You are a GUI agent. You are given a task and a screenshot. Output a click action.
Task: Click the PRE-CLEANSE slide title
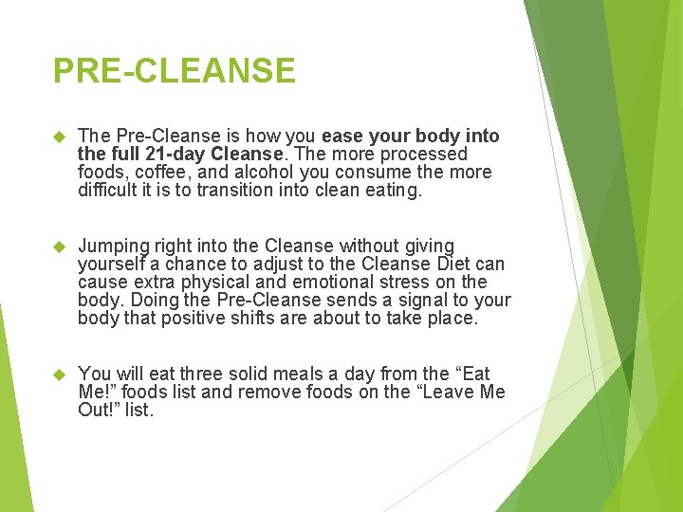pos(175,70)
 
